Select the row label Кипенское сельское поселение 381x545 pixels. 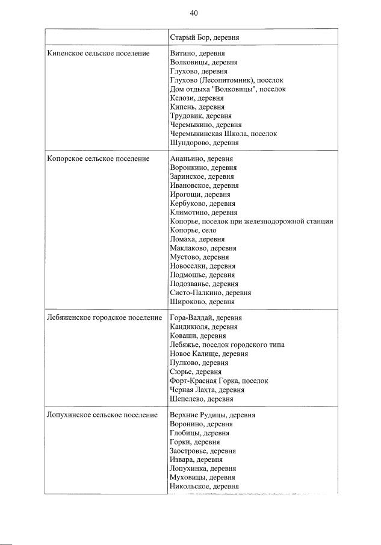(98, 54)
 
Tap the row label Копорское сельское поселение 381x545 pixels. (98, 159)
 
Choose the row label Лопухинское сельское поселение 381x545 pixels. (102, 415)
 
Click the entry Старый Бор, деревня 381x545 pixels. (205, 37)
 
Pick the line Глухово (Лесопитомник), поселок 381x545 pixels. (226, 80)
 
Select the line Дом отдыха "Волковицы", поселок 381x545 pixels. (228, 89)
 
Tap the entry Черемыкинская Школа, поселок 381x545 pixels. (223, 134)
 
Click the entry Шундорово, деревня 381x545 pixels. (204, 143)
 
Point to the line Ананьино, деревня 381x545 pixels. (200, 159)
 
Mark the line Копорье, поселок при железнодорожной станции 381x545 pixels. (252, 221)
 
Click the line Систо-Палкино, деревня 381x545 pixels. (211, 293)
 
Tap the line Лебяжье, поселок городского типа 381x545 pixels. (227, 344)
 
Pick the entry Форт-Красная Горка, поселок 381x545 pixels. (219, 381)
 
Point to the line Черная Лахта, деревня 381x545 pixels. (206, 390)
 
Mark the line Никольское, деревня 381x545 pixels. (205, 487)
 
